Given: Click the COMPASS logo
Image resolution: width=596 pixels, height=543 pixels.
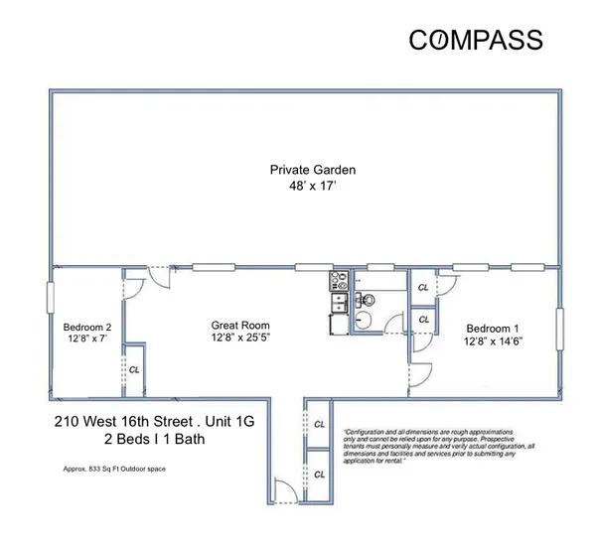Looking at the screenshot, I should click(x=476, y=40).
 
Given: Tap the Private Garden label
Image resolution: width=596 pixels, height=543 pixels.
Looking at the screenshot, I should click(x=313, y=170).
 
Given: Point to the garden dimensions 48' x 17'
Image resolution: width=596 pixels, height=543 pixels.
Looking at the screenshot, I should click(x=313, y=185).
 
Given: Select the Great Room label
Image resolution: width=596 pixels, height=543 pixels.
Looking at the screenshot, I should click(x=239, y=326).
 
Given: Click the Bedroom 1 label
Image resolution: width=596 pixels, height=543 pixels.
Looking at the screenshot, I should click(x=494, y=329).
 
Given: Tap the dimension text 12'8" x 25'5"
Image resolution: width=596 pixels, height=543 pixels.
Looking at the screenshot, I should click(x=239, y=339).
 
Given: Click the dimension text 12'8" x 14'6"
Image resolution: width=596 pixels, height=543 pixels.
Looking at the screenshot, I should click(x=494, y=342).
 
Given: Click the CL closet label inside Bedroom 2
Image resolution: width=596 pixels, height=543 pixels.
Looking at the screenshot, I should click(x=134, y=368).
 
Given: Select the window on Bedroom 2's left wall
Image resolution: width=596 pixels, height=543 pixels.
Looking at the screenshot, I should click(x=50, y=297).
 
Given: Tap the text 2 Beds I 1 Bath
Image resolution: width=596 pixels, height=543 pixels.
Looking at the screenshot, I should click(x=154, y=439).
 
